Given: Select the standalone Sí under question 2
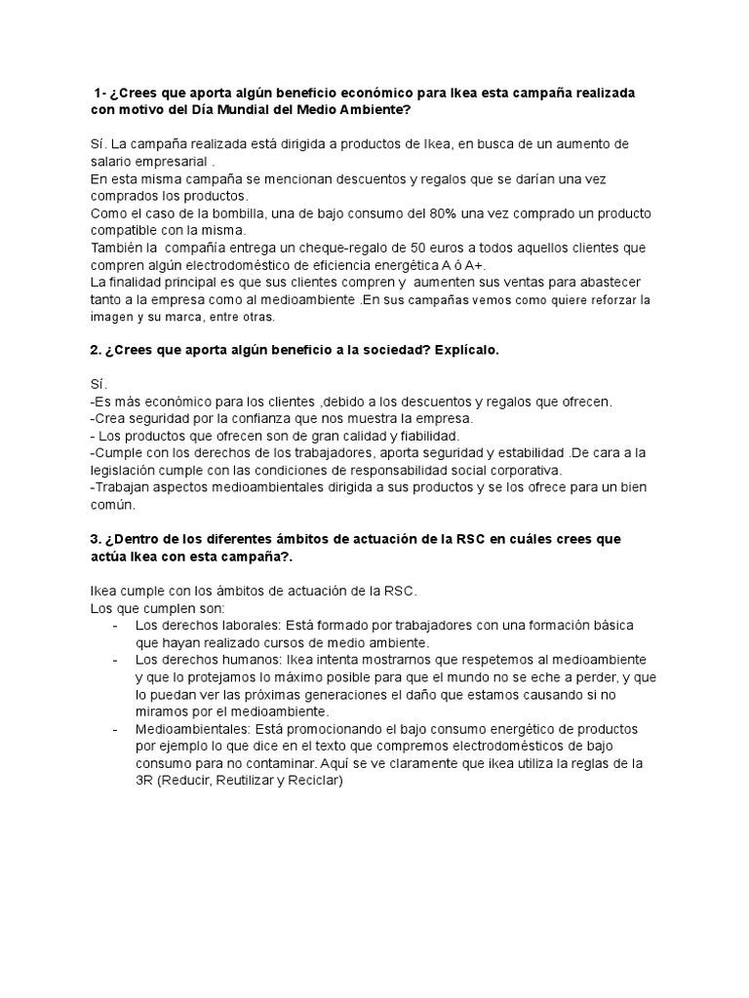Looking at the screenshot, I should point(97,386).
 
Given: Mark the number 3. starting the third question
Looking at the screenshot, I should point(96,539).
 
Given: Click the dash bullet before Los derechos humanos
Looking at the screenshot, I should point(117,660).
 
